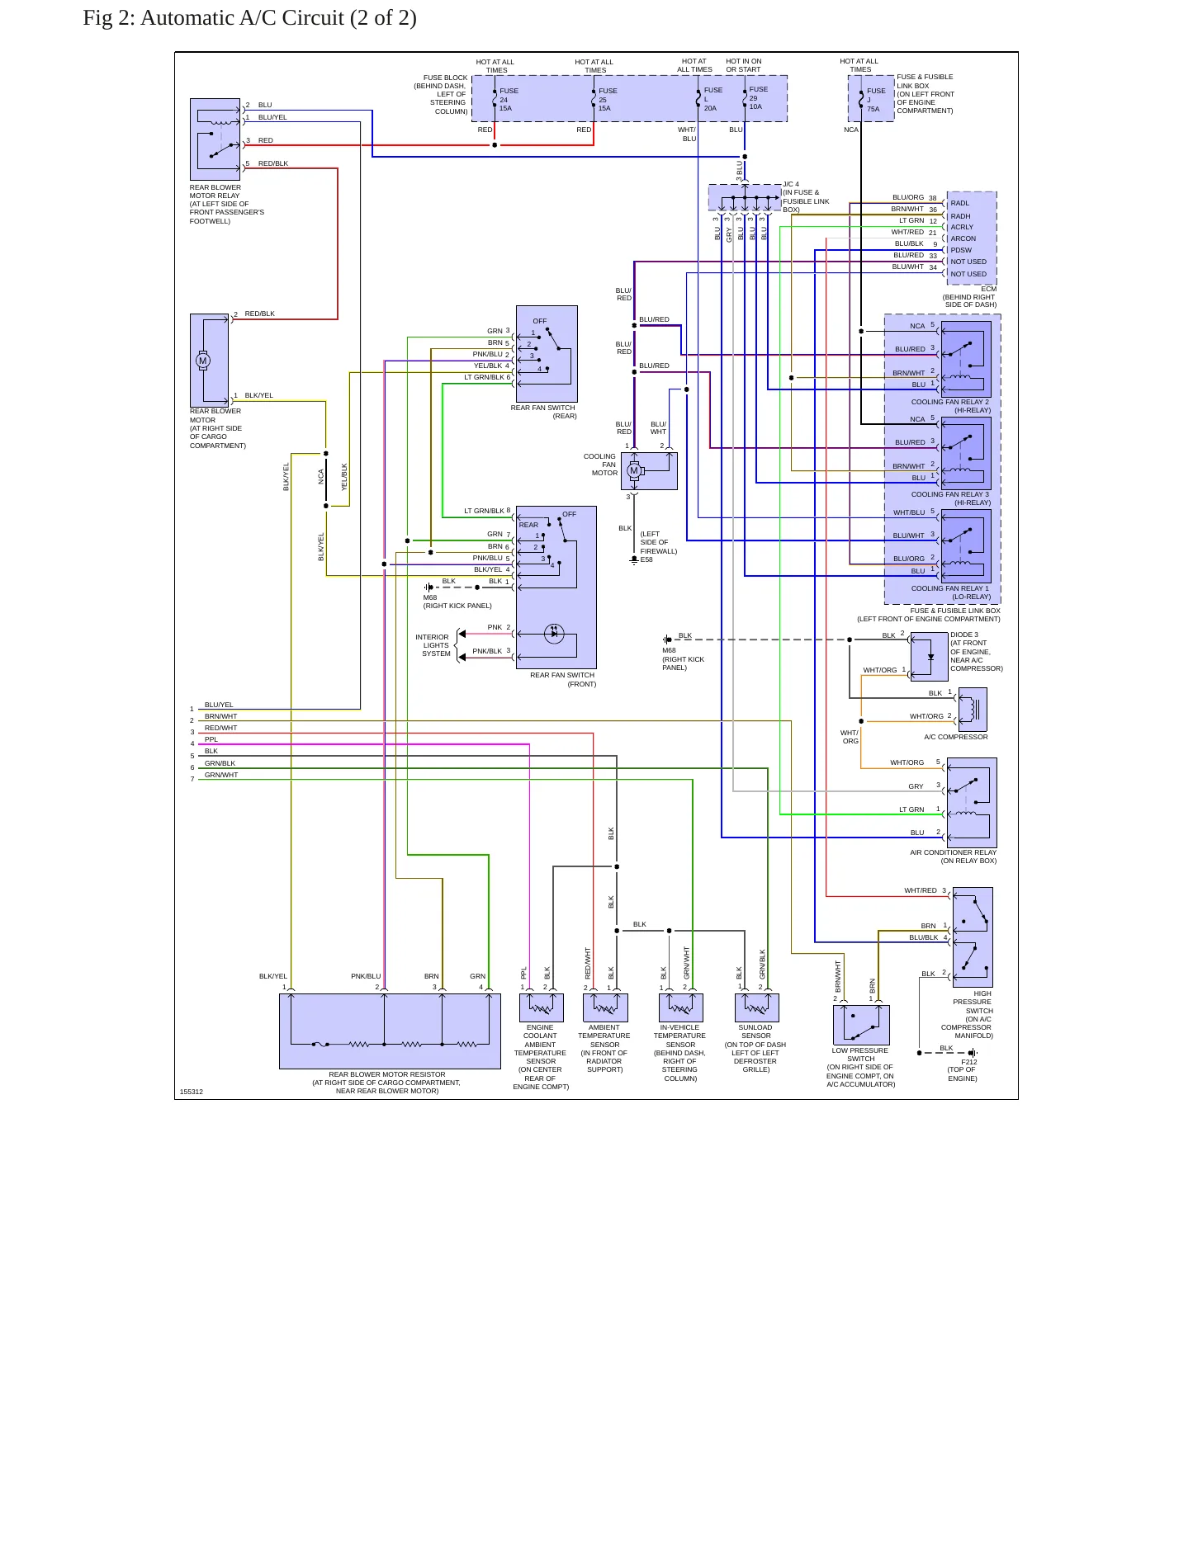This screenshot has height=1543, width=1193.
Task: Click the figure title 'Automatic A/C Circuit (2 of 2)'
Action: coord(278,18)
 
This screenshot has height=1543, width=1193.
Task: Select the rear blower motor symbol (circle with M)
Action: coord(203,361)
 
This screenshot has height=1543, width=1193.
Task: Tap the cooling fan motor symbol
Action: coord(634,470)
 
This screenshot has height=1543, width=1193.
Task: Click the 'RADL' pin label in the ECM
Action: coord(959,203)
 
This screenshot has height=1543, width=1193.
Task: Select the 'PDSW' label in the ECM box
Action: coord(961,250)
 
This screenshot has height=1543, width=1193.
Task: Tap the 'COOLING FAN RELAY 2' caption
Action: coord(949,402)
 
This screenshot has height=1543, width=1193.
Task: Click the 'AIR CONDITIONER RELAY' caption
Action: coord(953,852)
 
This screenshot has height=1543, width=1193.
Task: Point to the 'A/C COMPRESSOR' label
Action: coord(955,737)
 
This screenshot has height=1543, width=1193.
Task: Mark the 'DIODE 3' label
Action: coord(964,635)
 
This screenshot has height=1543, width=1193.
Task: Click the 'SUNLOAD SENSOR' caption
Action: coord(755,1031)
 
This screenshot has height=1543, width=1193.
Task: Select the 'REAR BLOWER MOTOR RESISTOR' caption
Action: coord(387,1074)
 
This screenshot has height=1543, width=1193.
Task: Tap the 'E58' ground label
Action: coord(646,559)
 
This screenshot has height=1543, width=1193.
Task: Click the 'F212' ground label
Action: coord(968,1062)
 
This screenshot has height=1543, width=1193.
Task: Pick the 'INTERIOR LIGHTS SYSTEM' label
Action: coord(433,645)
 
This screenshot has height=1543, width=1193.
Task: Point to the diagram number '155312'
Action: coord(192,1092)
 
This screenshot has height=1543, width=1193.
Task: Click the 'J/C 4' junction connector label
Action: coord(791,184)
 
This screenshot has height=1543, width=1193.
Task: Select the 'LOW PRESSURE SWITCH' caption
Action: coord(860,1055)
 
